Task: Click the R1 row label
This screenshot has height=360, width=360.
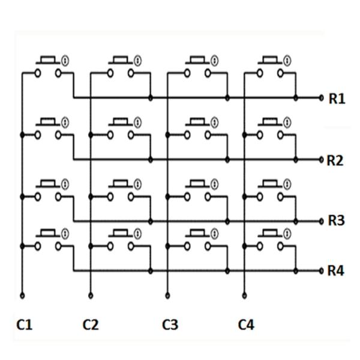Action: tap(337, 98)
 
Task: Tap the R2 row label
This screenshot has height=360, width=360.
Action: tap(335, 161)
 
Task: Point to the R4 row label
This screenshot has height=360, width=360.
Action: tap(336, 271)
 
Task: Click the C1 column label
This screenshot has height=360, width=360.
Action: tap(24, 325)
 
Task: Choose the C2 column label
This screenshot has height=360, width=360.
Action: tap(90, 325)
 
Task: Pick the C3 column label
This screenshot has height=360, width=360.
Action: tap(170, 325)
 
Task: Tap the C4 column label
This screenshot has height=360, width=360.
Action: tap(246, 325)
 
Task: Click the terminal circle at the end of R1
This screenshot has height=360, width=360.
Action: tap(322, 97)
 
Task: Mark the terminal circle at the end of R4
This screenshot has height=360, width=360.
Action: tap(321, 271)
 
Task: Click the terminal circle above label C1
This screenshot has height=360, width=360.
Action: tap(22, 295)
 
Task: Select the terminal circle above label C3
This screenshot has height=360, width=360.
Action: tap(167, 295)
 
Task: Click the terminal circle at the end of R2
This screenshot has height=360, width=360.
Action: tap(321, 160)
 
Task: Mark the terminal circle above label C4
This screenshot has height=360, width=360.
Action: tap(244, 295)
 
